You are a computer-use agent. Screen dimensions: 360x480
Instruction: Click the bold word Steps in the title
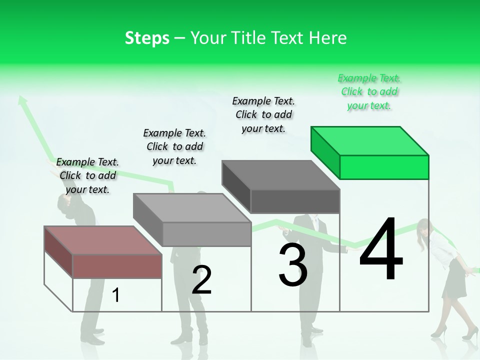tap(147, 38)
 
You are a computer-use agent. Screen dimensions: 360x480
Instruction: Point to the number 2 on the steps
tap(202, 280)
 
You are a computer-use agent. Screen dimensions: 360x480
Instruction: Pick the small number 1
tap(116, 295)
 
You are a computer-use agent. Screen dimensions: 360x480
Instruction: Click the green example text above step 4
tap(369, 92)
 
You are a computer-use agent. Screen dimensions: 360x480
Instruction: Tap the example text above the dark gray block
tap(263, 114)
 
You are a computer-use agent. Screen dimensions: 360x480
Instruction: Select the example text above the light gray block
tap(174, 146)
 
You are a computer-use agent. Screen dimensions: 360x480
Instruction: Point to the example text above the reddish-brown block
tap(87, 175)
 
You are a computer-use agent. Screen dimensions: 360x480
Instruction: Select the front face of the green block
tap(384, 167)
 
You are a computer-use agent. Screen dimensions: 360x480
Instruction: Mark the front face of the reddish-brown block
tap(117, 266)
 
